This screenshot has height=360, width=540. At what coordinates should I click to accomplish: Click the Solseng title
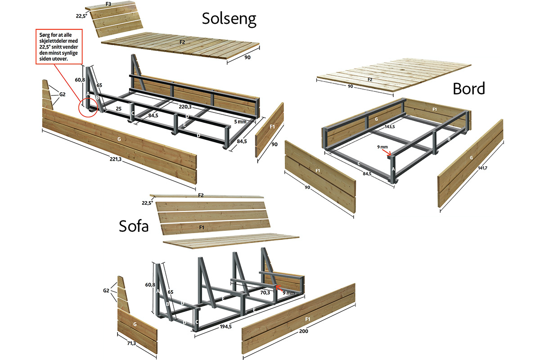tap(229, 18)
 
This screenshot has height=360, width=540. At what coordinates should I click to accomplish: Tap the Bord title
tap(468, 89)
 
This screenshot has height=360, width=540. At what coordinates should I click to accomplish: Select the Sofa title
tap(134, 226)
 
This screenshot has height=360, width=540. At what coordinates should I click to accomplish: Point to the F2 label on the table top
tap(370, 79)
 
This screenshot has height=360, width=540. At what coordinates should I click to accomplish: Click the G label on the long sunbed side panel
tap(118, 139)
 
